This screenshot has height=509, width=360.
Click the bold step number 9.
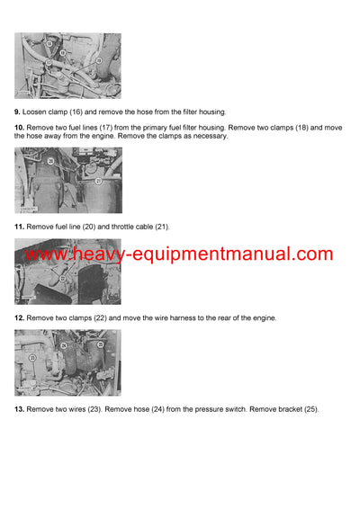[18, 112]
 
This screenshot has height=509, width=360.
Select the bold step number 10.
[20, 128]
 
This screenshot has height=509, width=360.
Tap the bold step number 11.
[20, 227]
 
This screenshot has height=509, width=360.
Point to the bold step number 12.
[20, 318]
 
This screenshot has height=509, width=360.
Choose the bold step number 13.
[20, 409]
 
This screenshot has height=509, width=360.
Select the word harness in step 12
[188, 318]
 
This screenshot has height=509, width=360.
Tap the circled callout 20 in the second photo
[50, 162]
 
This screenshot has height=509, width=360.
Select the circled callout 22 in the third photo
[62, 279]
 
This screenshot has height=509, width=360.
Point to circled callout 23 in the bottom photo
[33, 358]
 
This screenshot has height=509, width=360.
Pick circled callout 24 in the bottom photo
[63, 345]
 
